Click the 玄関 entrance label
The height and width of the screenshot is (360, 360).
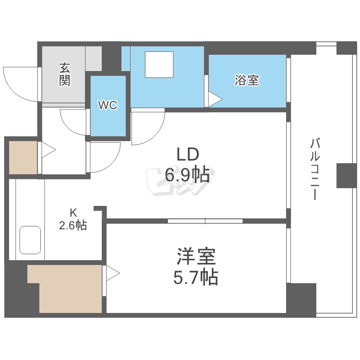tap(65, 74)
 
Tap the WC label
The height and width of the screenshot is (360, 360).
tap(108, 106)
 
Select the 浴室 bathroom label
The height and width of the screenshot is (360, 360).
tap(247, 80)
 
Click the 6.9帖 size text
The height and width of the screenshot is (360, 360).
tap(187, 175)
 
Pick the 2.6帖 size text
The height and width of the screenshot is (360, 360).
tap(73, 225)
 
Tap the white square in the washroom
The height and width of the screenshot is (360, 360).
tap(159, 64)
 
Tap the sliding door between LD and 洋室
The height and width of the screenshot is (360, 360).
tap(205, 221)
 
